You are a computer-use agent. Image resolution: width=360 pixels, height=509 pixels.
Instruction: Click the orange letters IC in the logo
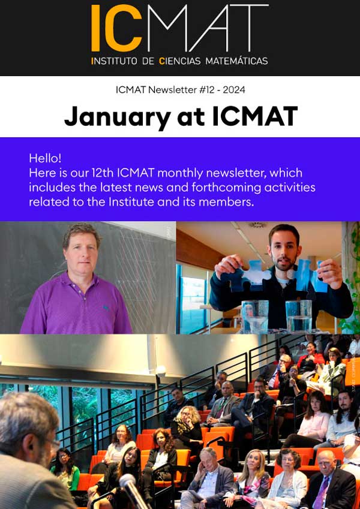click(116, 28)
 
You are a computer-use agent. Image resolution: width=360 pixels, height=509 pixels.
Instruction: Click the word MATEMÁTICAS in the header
click(236, 61)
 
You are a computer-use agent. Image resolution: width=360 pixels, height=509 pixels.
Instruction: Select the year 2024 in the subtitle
click(234, 89)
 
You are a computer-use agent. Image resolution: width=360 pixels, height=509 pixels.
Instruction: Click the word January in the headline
click(118, 117)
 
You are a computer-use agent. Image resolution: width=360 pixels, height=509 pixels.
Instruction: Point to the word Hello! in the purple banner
click(45, 158)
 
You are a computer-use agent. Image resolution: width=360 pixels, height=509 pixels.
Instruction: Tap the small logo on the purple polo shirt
click(106, 306)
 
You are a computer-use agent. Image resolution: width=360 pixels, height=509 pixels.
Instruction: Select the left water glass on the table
click(255, 317)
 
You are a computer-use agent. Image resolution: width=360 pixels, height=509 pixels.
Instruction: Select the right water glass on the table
click(299, 317)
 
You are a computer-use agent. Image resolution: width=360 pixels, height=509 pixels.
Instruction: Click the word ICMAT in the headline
click(255, 116)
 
